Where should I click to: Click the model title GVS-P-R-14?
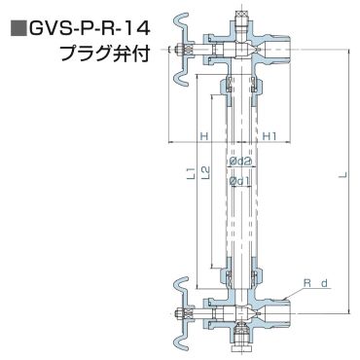click(x=90, y=29)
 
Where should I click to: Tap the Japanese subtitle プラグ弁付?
click(x=105, y=53)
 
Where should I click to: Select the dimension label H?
click(x=203, y=136)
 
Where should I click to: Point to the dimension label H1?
click(x=270, y=136)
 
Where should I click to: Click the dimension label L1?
click(x=193, y=173)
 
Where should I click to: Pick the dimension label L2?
click(x=205, y=172)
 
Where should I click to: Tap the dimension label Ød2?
click(x=240, y=161)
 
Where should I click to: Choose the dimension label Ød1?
click(x=239, y=182)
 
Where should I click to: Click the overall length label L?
click(x=344, y=175)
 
